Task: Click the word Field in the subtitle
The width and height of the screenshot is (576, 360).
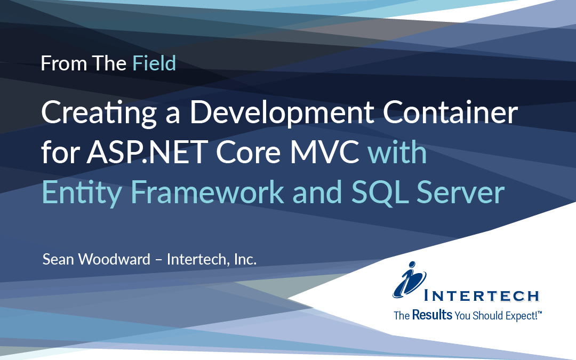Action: point(154,63)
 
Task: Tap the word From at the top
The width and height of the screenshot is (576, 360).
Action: point(57,63)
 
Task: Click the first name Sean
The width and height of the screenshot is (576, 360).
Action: point(59,260)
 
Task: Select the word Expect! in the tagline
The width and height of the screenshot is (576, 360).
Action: point(523,316)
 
